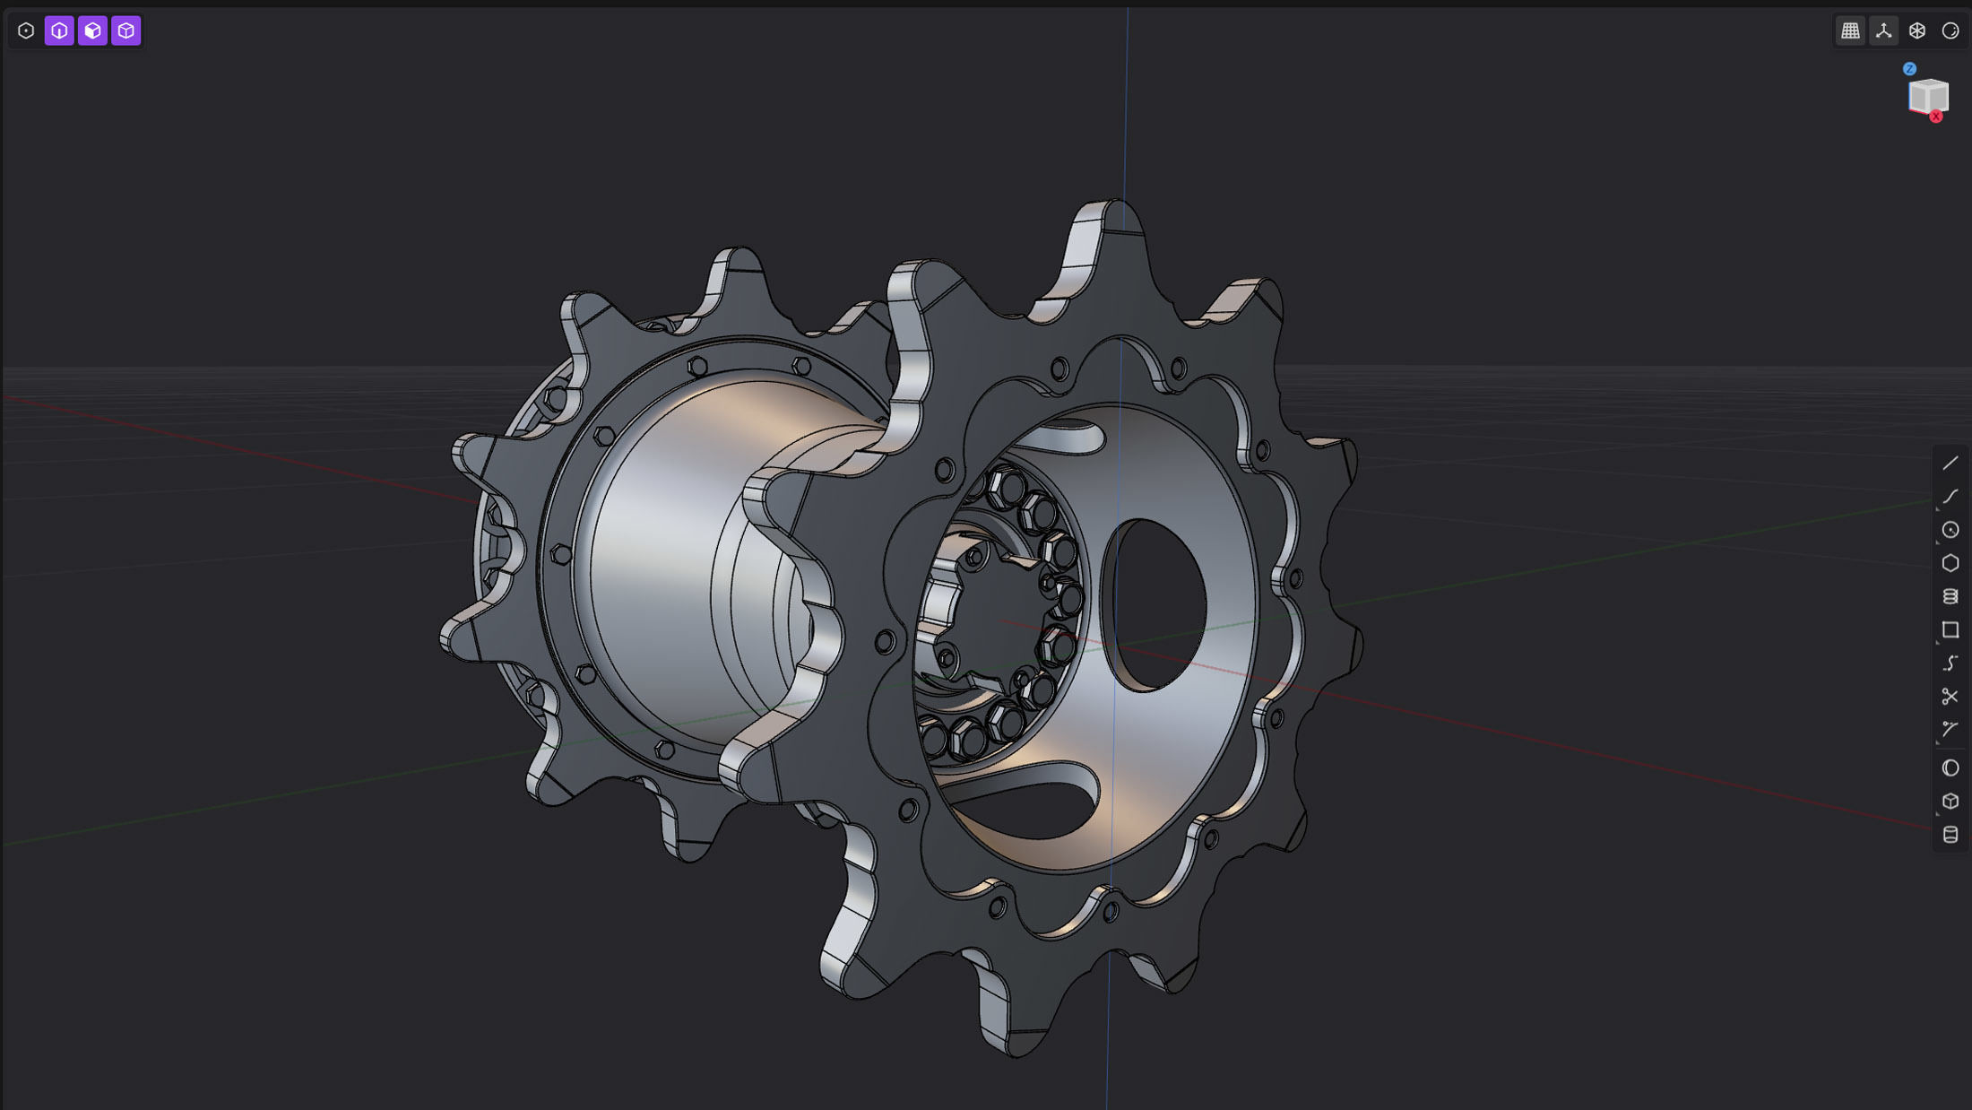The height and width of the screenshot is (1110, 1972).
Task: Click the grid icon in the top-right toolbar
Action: pyautogui.click(x=1850, y=31)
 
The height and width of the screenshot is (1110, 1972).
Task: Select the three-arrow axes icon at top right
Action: pyautogui.click(x=1883, y=31)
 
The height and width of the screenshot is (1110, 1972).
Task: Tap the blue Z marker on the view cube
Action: pyautogui.click(x=1909, y=69)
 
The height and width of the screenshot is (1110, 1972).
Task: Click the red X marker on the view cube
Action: pyautogui.click(x=1936, y=117)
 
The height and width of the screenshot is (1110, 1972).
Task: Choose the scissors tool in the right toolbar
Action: pyautogui.click(x=1950, y=697)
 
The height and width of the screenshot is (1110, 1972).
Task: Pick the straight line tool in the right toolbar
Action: pyautogui.click(x=1950, y=464)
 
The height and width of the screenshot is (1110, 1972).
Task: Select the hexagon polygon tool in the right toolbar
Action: pyautogui.click(x=1950, y=563)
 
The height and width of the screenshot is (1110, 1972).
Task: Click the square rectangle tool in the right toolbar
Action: pyautogui.click(x=1950, y=630)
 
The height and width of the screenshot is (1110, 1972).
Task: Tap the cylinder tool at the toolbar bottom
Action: pyautogui.click(x=1950, y=835)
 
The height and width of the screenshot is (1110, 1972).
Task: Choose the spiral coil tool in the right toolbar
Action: pyautogui.click(x=1950, y=597)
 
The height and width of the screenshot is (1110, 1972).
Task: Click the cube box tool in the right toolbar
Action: pyautogui.click(x=1950, y=802)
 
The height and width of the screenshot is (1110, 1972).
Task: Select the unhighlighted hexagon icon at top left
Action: pyautogui.click(x=26, y=31)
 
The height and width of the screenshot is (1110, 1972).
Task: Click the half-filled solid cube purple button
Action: pyautogui.click(x=92, y=31)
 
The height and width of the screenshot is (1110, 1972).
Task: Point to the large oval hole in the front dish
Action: pyautogui.click(x=1156, y=605)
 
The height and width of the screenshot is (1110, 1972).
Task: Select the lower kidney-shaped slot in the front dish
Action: pyautogui.click(x=1031, y=802)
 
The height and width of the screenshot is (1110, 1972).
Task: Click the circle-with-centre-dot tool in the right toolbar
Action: pyautogui.click(x=1950, y=530)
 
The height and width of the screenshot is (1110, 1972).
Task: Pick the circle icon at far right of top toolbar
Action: pyautogui.click(x=1950, y=31)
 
